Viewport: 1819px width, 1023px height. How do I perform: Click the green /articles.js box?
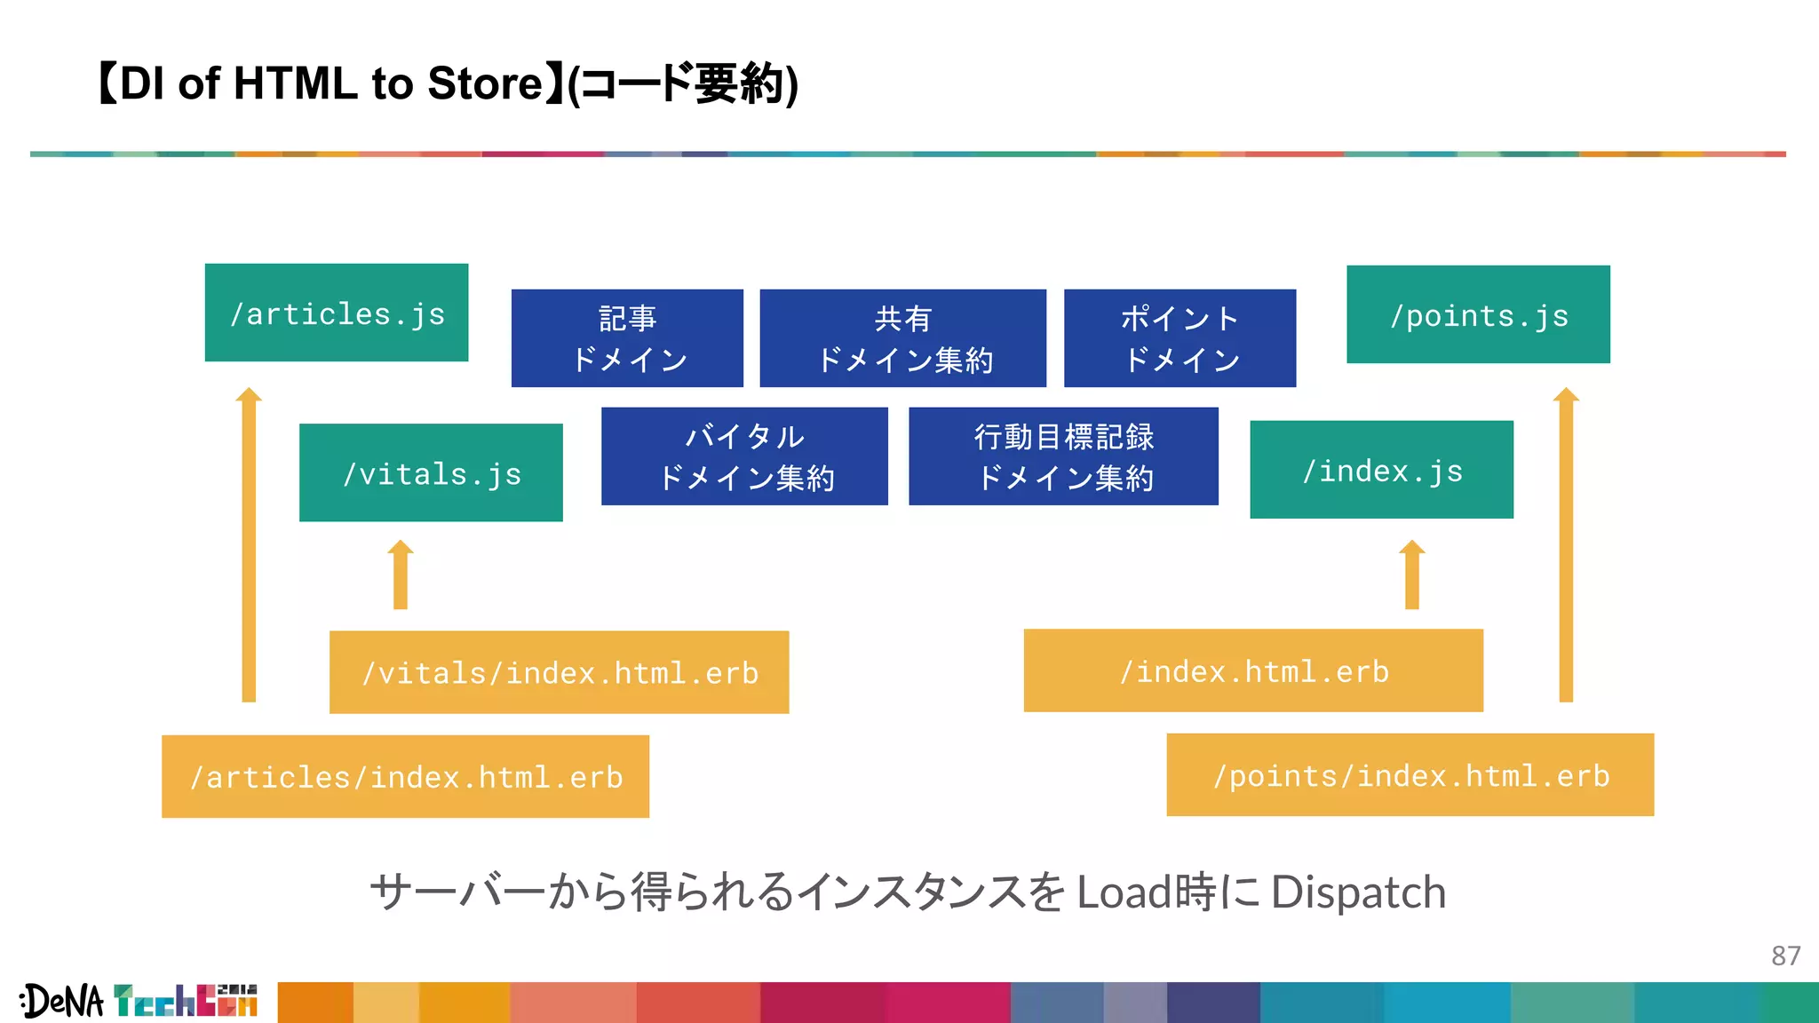[x=337, y=313]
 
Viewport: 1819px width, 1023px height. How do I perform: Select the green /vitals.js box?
[x=431, y=472]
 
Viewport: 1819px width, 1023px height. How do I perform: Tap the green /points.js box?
[x=1478, y=314]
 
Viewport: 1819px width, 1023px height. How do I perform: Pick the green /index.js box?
[x=1381, y=470]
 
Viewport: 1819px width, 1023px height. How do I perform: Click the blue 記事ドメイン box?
[x=627, y=338]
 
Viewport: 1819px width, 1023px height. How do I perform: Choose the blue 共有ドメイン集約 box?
[x=902, y=338]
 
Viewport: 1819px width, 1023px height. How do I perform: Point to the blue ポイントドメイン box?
[x=1180, y=338]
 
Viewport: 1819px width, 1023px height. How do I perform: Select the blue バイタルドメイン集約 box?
[x=744, y=456]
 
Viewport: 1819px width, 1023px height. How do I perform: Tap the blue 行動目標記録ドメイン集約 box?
[x=1063, y=456]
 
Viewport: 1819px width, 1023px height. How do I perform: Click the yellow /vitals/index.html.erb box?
[x=559, y=672]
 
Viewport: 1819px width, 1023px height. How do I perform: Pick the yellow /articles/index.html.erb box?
[x=405, y=776]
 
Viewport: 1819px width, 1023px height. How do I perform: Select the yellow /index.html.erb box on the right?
[x=1253, y=670]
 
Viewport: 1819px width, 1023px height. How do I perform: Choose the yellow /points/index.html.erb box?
[x=1410, y=774]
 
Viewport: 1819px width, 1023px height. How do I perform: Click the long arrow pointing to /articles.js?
[x=249, y=546]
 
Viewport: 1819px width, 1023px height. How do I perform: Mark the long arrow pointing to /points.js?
[x=1566, y=546]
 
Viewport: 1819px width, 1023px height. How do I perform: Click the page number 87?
[x=1785, y=956]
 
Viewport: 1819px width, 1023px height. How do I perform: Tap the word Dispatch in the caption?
[x=1358, y=892]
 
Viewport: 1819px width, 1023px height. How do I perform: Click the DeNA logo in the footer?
[x=62, y=1002]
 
